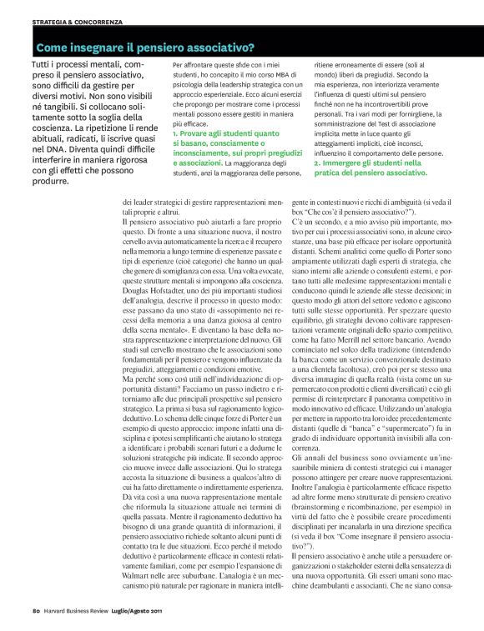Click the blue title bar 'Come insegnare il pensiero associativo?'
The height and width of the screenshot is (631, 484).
[x=146, y=48]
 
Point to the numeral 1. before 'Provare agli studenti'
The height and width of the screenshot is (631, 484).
[x=174, y=133]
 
